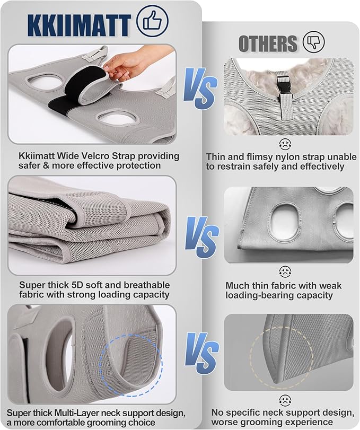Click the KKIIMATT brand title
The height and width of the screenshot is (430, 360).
tap(78, 25)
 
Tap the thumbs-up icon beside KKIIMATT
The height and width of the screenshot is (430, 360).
tap(152, 21)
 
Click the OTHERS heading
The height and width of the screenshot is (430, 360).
tap(268, 43)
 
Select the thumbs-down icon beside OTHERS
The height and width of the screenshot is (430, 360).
tap(314, 42)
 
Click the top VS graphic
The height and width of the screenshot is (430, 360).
tap(201, 89)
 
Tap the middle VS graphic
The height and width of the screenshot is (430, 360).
tap(202, 237)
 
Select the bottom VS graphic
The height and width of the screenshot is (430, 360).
tap(202, 353)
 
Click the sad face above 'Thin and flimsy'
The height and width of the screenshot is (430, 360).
tap(285, 144)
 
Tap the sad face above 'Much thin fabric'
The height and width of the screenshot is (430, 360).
tap(285, 271)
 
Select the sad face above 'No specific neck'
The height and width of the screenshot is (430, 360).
tap(285, 401)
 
